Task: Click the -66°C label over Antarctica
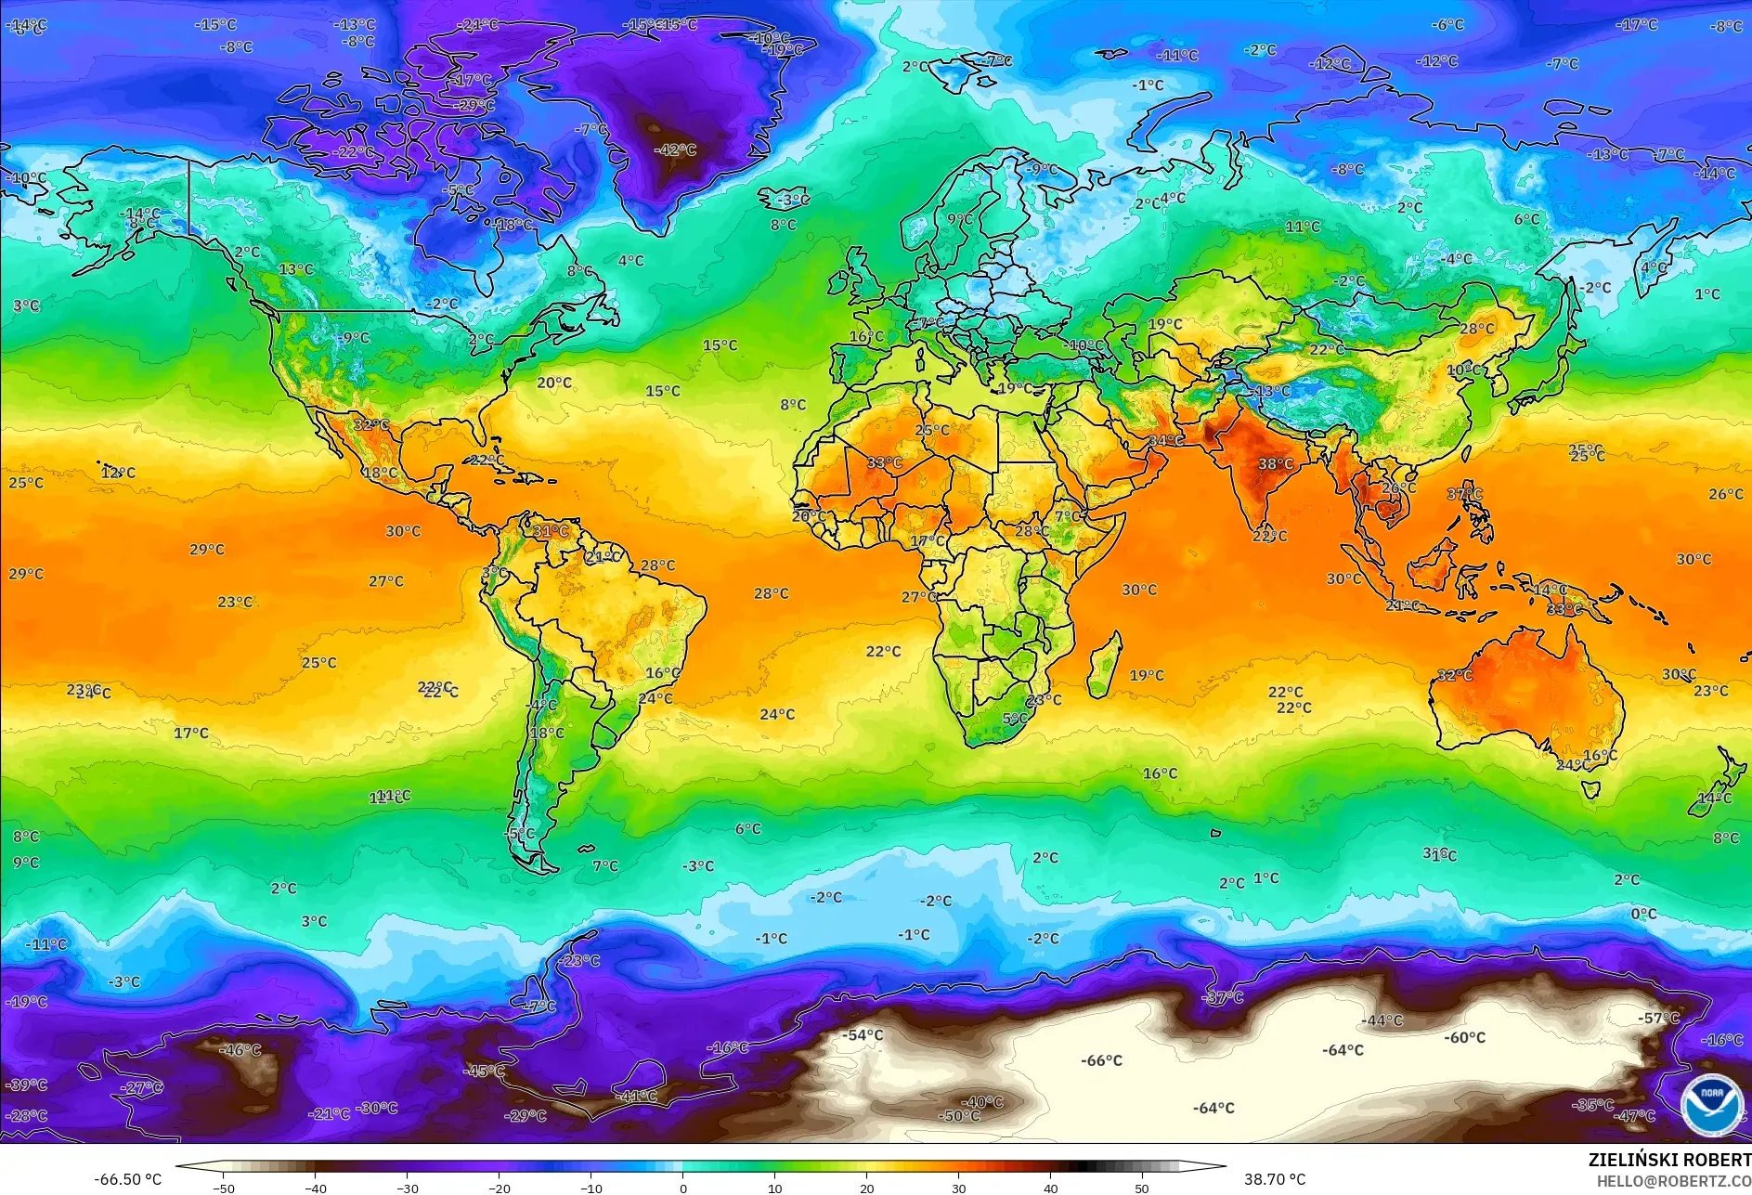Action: (1101, 1060)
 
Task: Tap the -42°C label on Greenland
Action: (675, 149)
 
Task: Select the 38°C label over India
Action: (1275, 463)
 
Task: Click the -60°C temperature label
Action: (1464, 1038)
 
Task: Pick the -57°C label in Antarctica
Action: (1658, 1018)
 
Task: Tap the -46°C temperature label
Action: (240, 1050)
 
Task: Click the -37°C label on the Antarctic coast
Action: (1223, 997)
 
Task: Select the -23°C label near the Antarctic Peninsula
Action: (581, 960)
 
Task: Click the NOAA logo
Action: (1711, 1104)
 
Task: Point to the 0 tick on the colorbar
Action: (683, 1188)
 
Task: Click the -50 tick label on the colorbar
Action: (223, 1188)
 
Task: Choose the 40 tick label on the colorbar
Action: (1050, 1188)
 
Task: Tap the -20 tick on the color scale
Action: (499, 1188)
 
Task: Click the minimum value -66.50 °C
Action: (127, 1179)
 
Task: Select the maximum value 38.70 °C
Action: (1274, 1179)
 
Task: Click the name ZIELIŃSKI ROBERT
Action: (1668, 1160)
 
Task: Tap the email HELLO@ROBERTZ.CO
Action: (1673, 1181)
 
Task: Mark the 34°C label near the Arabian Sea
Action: (1166, 440)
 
